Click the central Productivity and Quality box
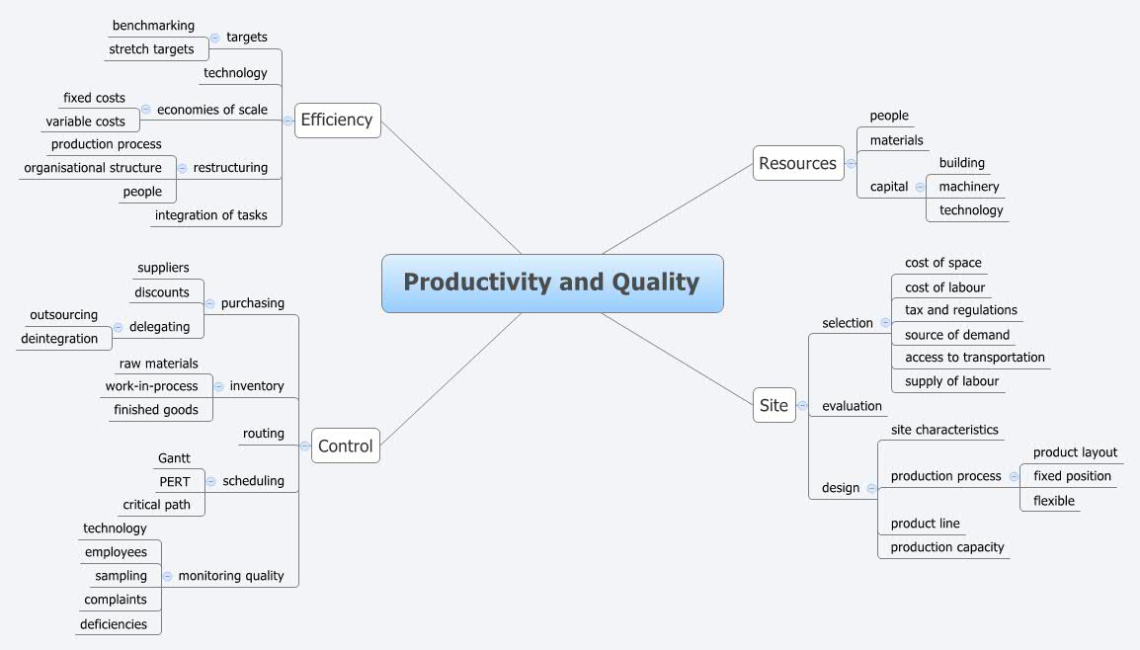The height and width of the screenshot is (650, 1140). pyautogui.click(x=552, y=284)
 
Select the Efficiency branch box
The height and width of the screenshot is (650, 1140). pyautogui.click(x=337, y=121)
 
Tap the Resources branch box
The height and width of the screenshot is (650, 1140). pyautogui.click(x=798, y=163)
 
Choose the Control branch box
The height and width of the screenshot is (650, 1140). pyautogui.click(x=345, y=446)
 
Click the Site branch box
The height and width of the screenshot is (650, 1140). pyautogui.click(x=774, y=405)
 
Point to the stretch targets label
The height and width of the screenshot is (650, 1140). pyautogui.click(x=151, y=49)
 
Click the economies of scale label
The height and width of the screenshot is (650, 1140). pyautogui.click(x=211, y=110)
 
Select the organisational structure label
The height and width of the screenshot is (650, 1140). pyautogui.click(x=93, y=168)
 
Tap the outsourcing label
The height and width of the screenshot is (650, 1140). pyautogui.click(x=64, y=315)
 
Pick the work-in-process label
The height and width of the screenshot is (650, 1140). pyautogui.click(x=152, y=386)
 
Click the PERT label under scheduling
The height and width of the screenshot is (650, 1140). pyautogui.click(x=174, y=481)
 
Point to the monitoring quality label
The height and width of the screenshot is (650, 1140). pyautogui.click(x=231, y=576)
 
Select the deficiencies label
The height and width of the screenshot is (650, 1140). pyautogui.click(x=114, y=624)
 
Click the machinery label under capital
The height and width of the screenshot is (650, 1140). pyautogui.click(x=968, y=187)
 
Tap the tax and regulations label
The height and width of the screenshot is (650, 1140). pyautogui.click(x=960, y=310)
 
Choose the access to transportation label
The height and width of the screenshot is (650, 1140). pyautogui.click(x=974, y=358)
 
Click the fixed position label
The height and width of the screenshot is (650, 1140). pyautogui.click(x=1072, y=476)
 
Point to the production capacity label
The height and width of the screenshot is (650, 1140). pyautogui.click(x=946, y=547)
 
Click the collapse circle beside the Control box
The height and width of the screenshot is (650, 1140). pyautogui.click(x=304, y=447)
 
